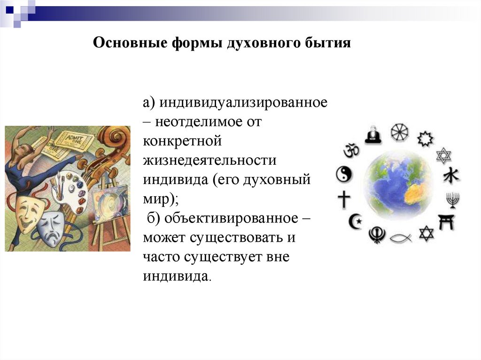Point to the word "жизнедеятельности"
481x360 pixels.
click(x=210, y=161)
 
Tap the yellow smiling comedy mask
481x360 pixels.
click(x=30, y=211)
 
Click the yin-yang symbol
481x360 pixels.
click(x=343, y=175)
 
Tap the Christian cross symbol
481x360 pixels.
click(x=344, y=200)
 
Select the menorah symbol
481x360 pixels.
click(x=452, y=201)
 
